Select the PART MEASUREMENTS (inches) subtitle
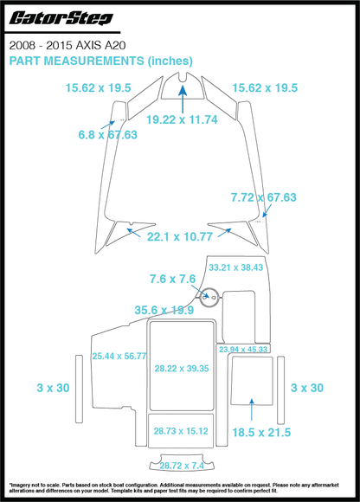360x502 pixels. (100, 61)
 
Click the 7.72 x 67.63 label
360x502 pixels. (263, 198)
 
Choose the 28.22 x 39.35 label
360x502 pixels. (182, 369)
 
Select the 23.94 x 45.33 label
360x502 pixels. (243, 349)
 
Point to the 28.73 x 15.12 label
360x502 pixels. (181, 430)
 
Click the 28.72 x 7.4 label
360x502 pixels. (181, 465)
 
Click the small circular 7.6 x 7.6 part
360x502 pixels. (209, 299)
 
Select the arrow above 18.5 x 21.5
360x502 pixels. (251, 406)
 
